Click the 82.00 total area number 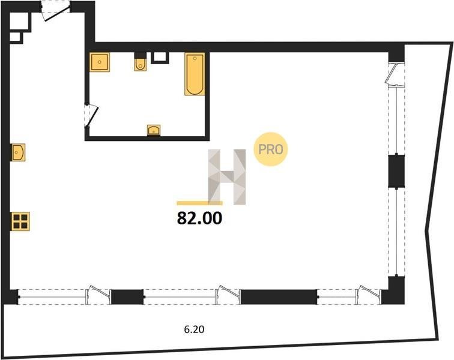coord(199,218)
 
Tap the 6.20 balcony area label coord(195,329)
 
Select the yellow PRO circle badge coord(270,149)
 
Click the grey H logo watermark coord(227,177)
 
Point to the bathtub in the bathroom coord(195,74)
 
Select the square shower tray coord(100,62)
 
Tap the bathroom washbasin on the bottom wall coord(154,130)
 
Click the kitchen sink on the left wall coord(18,152)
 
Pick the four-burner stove coord(20,221)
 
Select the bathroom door coord(91,115)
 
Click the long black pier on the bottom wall coord(279,296)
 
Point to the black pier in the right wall coord(396,171)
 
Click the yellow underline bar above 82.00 coord(200,203)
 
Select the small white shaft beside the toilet coord(160,58)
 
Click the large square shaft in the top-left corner coord(20,22)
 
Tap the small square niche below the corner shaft coord(16,37)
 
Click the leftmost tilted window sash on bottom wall coord(98,295)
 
